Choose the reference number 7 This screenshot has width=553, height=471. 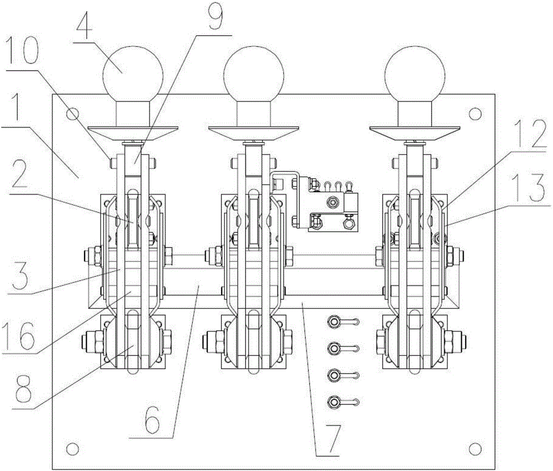(x=333, y=438)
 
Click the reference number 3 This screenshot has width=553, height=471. (x=19, y=273)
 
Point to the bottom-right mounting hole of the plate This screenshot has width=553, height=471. (x=475, y=448)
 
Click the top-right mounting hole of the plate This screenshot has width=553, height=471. (x=475, y=113)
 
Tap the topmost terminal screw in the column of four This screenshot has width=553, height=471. (x=333, y=321)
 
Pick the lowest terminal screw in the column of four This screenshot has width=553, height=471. (x=333, y=401)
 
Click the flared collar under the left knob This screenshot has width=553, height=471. (x=133, y=134)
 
